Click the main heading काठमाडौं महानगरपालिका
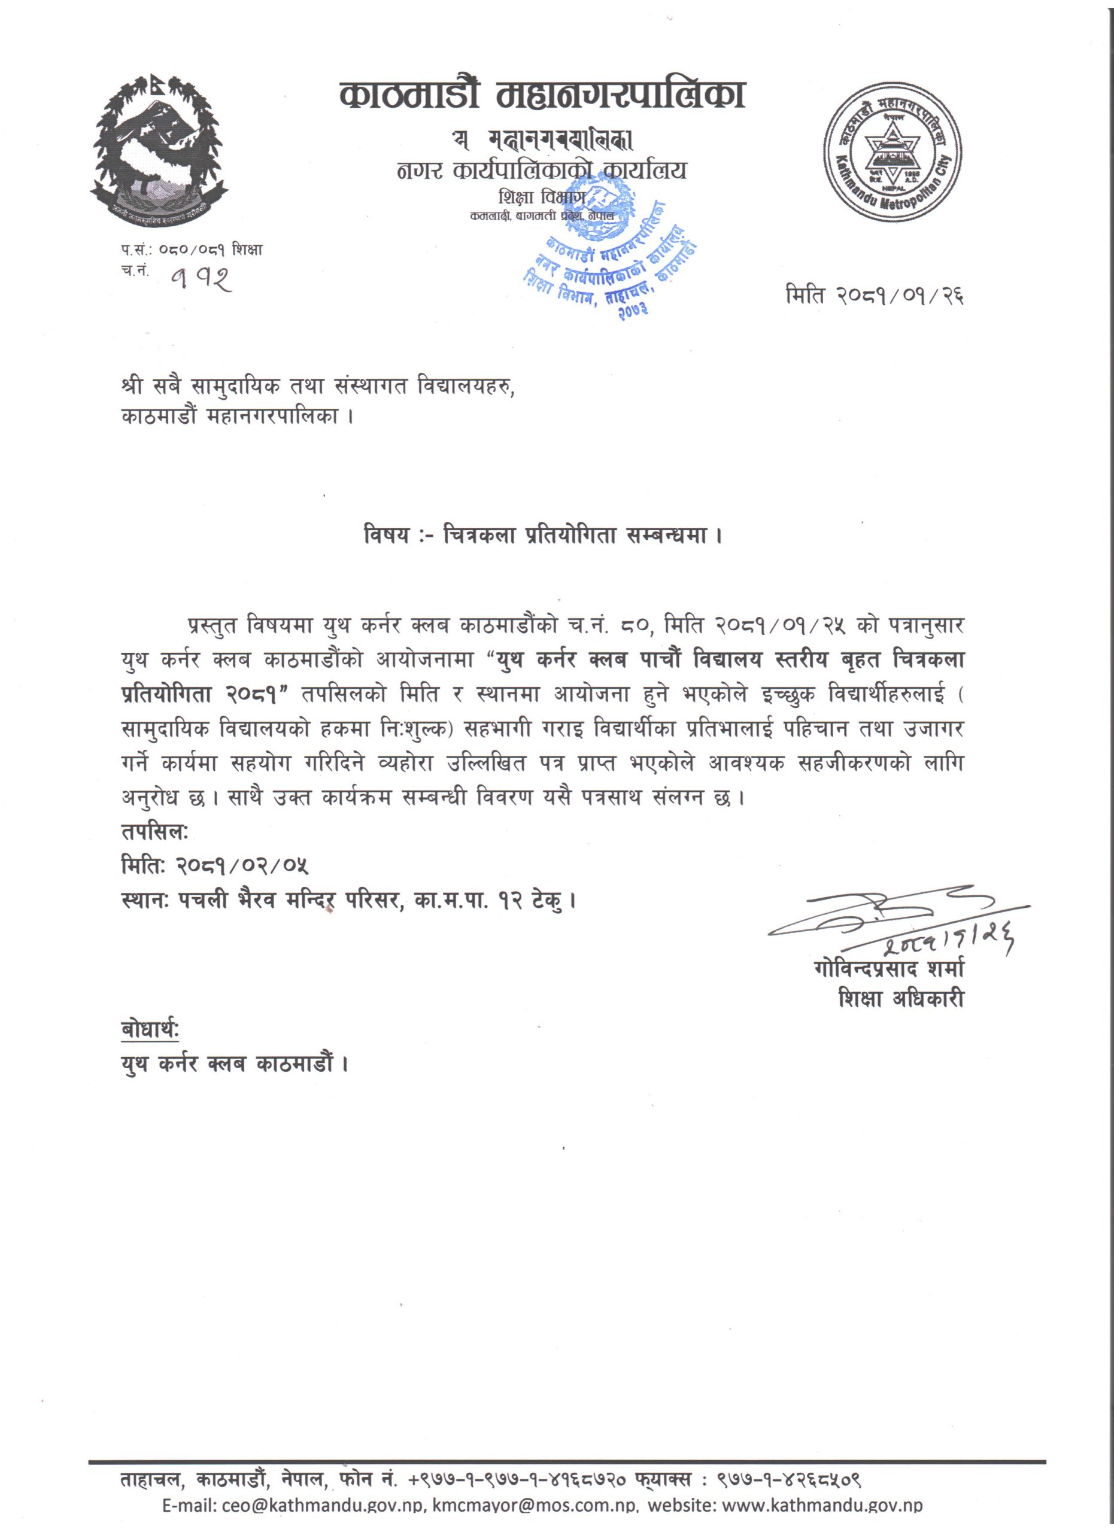tap(543, 95)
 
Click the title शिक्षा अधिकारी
tap(900, 998)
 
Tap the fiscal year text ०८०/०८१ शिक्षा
tap(210, 250)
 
